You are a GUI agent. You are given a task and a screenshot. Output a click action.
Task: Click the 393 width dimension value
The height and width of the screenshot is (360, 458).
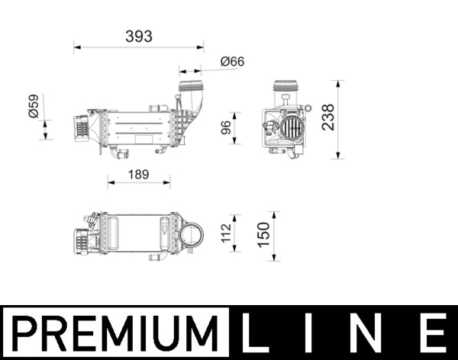tap(140, 36)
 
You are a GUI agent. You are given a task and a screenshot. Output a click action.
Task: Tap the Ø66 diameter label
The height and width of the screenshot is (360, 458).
tap(231, 62)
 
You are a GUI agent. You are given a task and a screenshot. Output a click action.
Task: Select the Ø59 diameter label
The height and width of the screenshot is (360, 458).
tap(33, 105)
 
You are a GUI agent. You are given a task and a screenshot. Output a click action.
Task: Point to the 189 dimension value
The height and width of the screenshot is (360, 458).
tap(138, 175)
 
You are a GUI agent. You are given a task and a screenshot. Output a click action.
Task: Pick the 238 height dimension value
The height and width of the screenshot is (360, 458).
tap(328, 118)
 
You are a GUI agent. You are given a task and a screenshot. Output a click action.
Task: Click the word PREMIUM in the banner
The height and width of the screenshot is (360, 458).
tap(114, 333)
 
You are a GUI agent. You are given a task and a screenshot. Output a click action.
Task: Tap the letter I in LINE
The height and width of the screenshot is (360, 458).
tap(318, 333)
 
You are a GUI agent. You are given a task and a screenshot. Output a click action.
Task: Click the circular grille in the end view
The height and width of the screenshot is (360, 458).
tap(290, 127)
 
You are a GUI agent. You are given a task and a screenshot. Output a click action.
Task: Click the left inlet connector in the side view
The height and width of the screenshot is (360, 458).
tap(80, 127)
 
